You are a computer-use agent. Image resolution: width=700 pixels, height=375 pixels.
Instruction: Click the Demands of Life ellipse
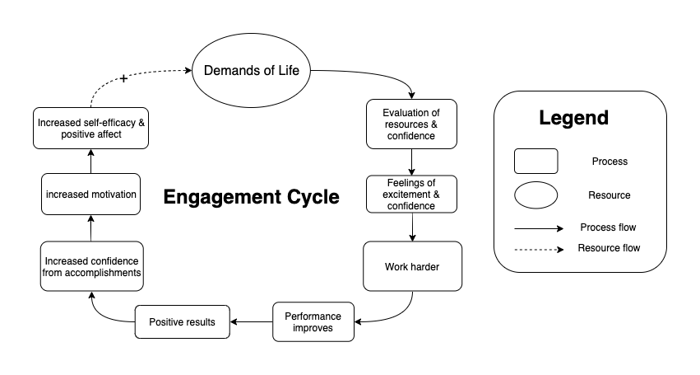click(x=251, y=70)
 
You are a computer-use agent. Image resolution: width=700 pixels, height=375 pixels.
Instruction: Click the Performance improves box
click(x=313, y=321)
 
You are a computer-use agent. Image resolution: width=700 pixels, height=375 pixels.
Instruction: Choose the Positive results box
click(x=183, y=321)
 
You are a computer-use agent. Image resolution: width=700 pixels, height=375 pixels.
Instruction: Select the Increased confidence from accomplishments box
click(x=91, y=266)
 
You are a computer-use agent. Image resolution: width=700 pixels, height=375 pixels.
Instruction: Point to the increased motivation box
click(x=91, y=195)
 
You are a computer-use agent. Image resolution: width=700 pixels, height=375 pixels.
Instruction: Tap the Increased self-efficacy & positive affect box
click(x=91, y=127)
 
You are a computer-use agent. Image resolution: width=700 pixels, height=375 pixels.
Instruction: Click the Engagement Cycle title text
click(x=250, y=198)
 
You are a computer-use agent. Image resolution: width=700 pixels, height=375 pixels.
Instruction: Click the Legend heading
click(x=573, y=118)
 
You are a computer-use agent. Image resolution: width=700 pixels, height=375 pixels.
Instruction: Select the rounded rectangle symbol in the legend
click(x=535, y=161)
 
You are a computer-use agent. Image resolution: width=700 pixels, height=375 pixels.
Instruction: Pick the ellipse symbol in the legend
click(x=535, y=195)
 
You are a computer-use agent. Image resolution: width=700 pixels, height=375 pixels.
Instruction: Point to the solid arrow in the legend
click(x=539, y=227)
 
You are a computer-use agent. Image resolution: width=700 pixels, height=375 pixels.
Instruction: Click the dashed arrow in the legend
click(x=539, y=248)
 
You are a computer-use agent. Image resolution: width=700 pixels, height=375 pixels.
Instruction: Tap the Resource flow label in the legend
click(x=609, y=247)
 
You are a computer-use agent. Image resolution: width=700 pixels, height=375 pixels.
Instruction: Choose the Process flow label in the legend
click(x=608, y=227)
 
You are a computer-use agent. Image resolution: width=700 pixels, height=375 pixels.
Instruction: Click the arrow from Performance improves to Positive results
click(x=251, y=321)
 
